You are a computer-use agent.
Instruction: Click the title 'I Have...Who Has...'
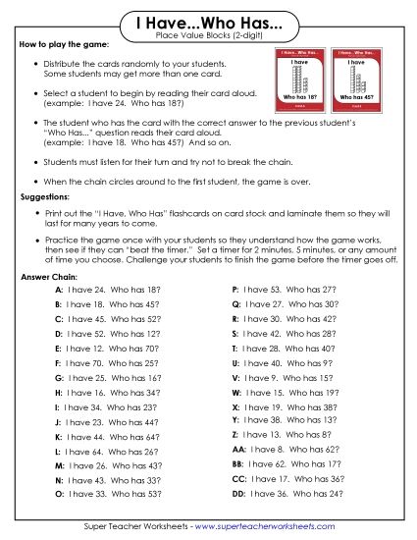click(207, 22)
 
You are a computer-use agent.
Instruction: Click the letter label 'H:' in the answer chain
click(59, 392)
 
